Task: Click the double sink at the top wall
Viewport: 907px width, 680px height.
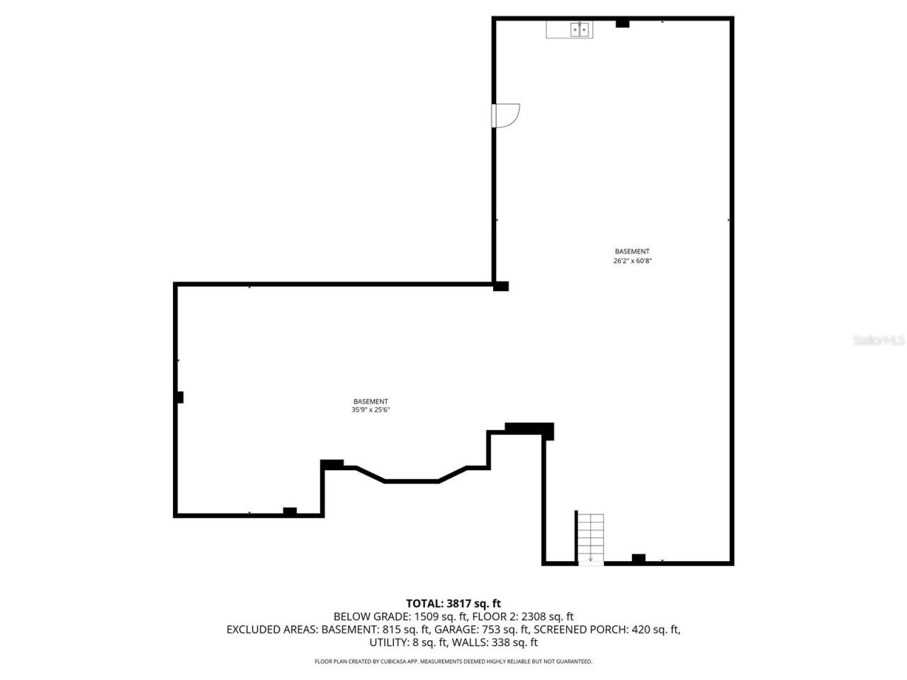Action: (579, 30)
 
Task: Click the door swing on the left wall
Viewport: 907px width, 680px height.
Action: (507, 115)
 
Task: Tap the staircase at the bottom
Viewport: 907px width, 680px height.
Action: (590, 538)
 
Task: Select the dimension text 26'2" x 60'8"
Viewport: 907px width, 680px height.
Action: (632, 261)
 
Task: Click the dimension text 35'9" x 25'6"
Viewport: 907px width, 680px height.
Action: (371, 410)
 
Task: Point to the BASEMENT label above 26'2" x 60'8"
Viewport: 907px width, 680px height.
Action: (632, 251)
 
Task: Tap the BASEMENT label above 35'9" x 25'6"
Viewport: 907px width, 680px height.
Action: (371, 402)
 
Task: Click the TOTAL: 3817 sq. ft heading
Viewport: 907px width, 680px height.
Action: (453, 603)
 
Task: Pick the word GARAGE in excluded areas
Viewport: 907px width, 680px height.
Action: (456, 629)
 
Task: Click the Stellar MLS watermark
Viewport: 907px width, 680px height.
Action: (879, 341)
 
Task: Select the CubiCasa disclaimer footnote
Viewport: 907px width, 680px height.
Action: (453, 662)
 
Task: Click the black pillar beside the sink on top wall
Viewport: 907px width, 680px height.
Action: (622, 23)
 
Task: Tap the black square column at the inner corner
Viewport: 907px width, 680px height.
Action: (501, 286)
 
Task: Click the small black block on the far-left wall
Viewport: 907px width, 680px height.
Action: (180, 397)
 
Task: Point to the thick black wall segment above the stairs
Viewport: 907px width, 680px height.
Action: (529, 429)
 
